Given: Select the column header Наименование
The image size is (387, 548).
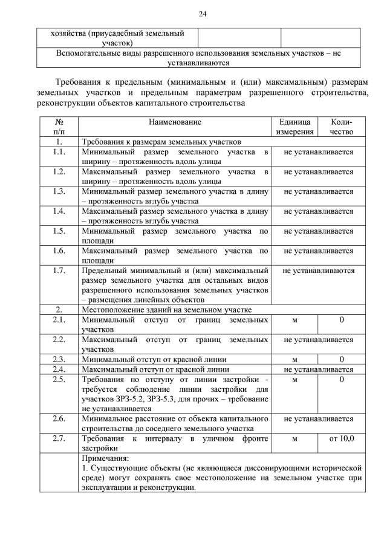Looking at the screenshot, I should [175, 122].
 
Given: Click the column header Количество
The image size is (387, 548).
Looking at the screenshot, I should [342, 127].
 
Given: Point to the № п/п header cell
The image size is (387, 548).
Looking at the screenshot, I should [59, 127].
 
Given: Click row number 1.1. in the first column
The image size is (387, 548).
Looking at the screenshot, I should [59, 152].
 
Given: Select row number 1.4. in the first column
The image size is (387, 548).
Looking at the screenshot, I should [59, 211].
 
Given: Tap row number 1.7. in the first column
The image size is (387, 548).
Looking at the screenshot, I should [59, 270].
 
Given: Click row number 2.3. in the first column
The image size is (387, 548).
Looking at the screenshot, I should [59, 358].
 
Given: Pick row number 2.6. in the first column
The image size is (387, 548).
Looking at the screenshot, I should [59, 418].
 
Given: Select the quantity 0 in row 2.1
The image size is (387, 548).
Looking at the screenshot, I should [342, 319].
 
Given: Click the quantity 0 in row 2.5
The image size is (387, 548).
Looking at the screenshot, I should [342, 379].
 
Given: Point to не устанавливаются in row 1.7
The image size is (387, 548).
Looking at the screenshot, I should [318, 270].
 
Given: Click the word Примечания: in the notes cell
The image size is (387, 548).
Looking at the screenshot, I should [105, 458].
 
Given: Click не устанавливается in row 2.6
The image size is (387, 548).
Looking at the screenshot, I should [318, 418].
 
